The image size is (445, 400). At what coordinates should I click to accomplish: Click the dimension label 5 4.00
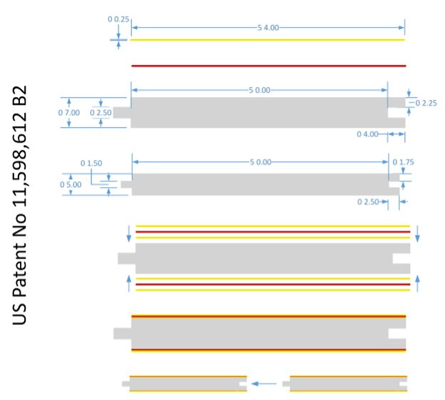click(268, 28)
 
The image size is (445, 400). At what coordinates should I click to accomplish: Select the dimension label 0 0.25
click(118, 19)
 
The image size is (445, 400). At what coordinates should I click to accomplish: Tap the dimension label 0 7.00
click(69, 113)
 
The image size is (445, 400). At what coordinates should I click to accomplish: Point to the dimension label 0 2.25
click(426, 103)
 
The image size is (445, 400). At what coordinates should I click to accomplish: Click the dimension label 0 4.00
click(367, 134)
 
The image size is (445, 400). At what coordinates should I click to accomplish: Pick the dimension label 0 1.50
click(91, 163)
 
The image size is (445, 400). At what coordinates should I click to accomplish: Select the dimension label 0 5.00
click(71, 185)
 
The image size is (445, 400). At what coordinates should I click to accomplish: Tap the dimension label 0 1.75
click(404, 162)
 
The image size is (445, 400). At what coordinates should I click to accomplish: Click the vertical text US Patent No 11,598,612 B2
click(19, 205)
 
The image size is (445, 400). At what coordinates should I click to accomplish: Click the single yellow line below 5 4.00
click(267, 40)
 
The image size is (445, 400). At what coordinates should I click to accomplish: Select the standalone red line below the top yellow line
click(269, 66)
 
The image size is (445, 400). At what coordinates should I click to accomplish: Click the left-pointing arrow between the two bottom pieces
click(264, 384)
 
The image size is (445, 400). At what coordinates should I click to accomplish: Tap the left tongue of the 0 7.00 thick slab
click(122, 113)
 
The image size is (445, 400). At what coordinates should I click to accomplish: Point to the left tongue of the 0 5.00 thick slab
click(126, 184)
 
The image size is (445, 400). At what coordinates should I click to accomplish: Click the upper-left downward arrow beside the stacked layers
click(129, 234)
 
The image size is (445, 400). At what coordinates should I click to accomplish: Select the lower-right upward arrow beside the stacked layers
click(417, 284)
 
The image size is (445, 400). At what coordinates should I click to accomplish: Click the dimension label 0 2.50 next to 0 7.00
click(101, 113)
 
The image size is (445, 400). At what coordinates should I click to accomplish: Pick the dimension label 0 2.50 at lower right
click(368, 202)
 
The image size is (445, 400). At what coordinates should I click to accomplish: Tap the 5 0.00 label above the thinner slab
click(260, 162)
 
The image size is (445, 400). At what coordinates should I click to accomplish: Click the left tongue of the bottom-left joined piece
click(126, 384)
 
